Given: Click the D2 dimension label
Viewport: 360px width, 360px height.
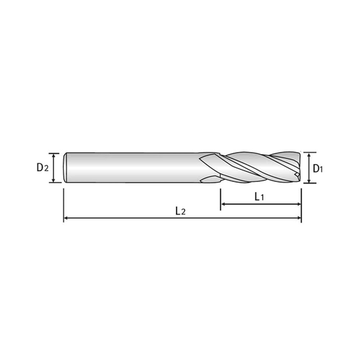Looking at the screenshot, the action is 43,167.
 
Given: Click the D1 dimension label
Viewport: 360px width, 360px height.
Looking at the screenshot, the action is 318,169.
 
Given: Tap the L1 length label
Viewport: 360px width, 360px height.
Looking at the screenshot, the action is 259,197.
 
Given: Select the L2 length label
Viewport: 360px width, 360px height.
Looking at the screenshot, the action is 180,211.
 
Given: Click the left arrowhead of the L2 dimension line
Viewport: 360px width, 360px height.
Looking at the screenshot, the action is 66,218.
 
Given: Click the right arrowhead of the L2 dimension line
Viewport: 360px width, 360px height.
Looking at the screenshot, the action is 299,218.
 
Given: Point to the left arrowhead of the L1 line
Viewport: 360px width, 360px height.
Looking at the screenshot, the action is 223,204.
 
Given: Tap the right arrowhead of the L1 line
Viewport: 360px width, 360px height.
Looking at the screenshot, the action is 299,204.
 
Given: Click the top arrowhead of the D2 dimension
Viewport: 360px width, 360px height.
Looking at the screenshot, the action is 54,156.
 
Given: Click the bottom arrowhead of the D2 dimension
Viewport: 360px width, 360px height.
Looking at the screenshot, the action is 54,180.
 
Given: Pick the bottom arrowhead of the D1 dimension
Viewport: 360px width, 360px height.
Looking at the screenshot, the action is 309,181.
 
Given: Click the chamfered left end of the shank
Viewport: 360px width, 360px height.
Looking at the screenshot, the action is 65,167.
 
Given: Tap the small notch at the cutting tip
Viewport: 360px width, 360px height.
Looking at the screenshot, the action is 297,175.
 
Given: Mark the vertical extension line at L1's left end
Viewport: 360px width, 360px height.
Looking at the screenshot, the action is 221,199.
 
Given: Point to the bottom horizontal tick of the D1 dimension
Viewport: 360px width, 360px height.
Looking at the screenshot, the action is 310,183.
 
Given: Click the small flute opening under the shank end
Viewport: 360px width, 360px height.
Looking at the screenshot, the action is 210,179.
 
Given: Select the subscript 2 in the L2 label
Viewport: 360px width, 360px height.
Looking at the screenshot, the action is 183,212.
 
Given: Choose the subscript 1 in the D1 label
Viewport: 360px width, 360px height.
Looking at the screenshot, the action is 321,170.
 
